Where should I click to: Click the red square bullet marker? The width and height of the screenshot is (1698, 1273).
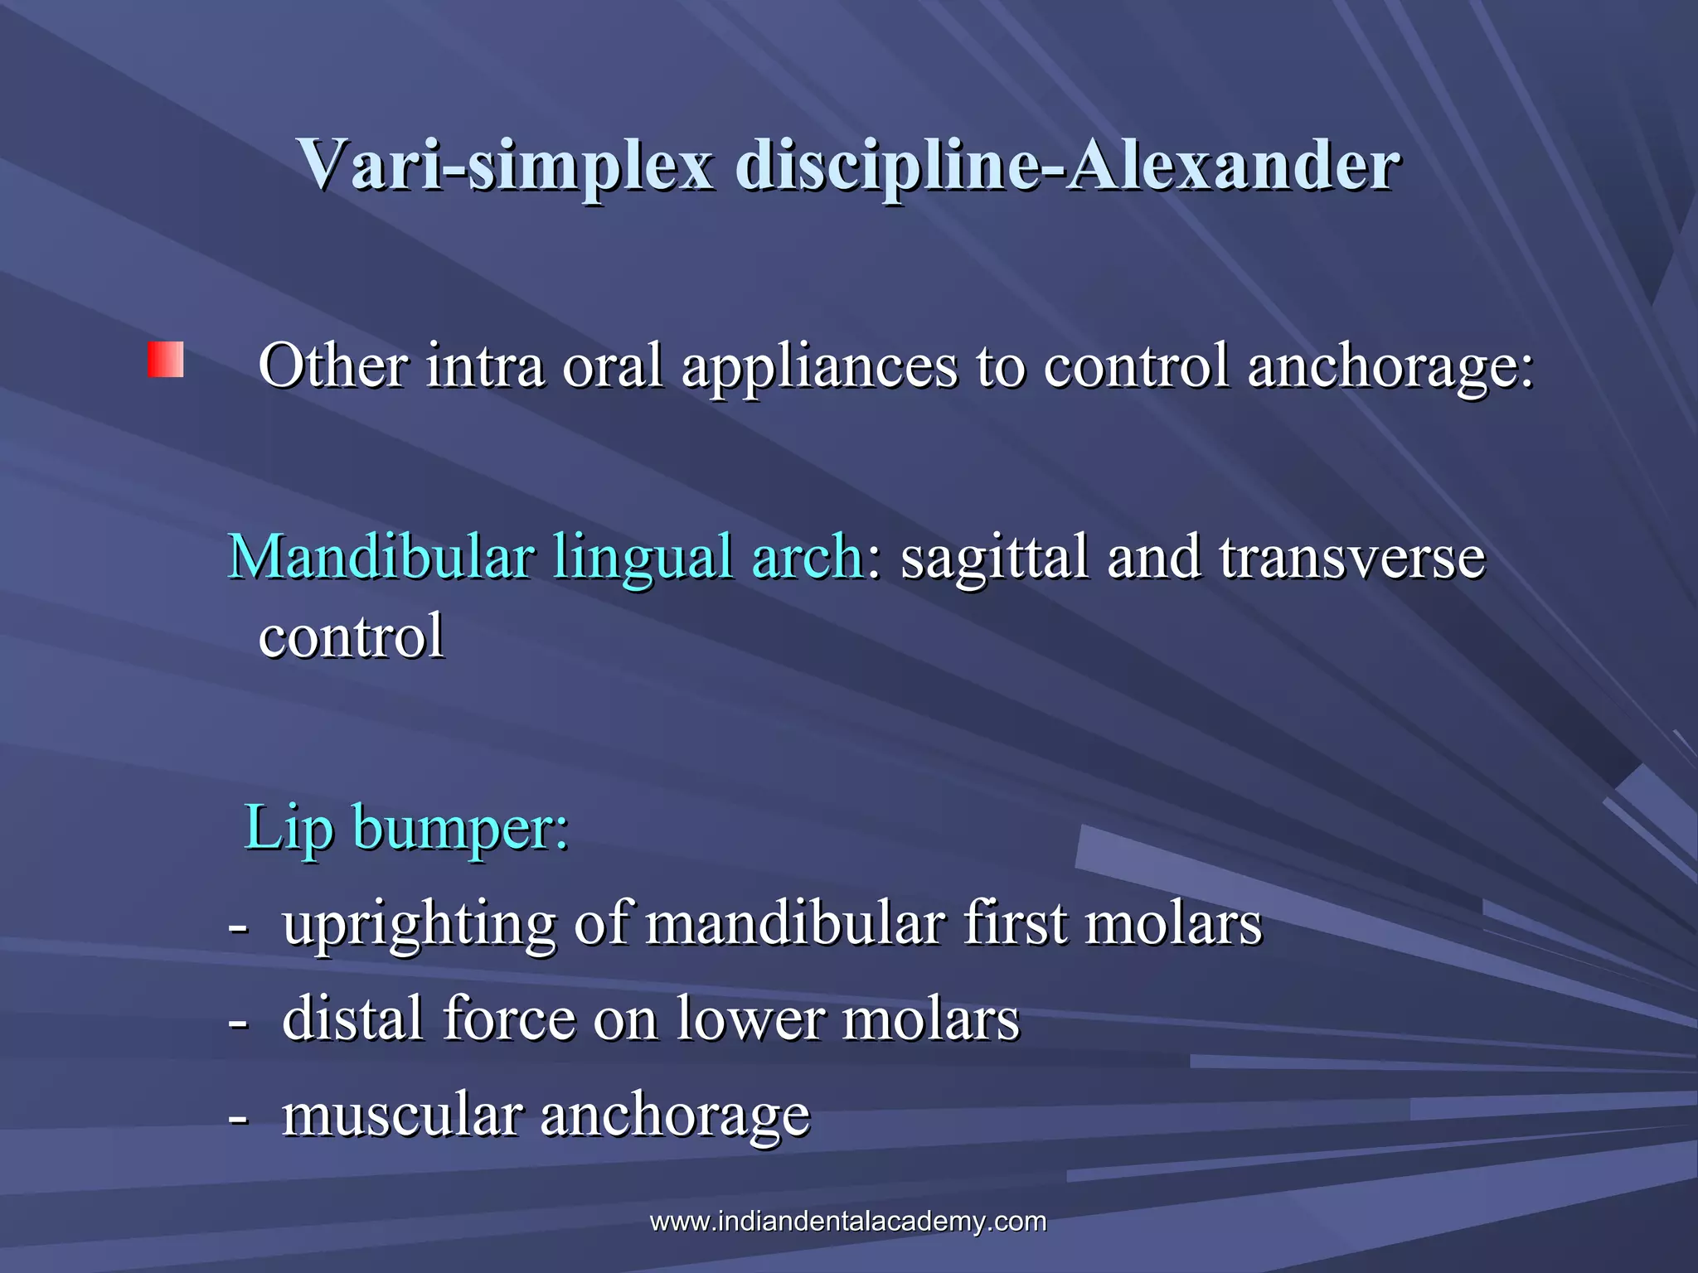point(166,360)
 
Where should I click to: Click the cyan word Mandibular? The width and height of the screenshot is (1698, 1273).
point(381,557)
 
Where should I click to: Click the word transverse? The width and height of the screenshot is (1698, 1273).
point(1351,557)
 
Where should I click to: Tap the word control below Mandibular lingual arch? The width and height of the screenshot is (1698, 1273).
point(352,636)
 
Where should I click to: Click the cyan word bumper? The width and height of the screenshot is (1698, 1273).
point(461,830)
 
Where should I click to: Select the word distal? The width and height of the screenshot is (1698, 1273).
point(352,1019)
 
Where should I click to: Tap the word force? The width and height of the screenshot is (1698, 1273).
point(509,1019)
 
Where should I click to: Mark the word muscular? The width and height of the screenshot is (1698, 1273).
point(402,1115)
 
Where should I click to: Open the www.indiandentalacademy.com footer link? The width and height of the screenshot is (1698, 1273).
point(847,1222)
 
